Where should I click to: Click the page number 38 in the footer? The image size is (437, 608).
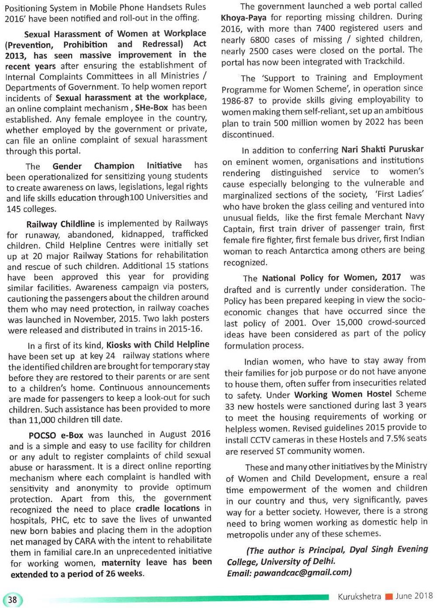[12, 600]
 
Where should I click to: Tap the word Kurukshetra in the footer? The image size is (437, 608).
[359, 596]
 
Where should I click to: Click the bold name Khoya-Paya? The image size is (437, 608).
[244, 17]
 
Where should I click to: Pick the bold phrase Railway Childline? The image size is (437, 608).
[60, 224]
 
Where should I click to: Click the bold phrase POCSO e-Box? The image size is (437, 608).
[56, 435]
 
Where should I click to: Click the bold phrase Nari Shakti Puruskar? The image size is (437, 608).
[382, 149]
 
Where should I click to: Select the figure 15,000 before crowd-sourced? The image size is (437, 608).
[349, 323]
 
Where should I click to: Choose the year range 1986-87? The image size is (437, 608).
[237, 101]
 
